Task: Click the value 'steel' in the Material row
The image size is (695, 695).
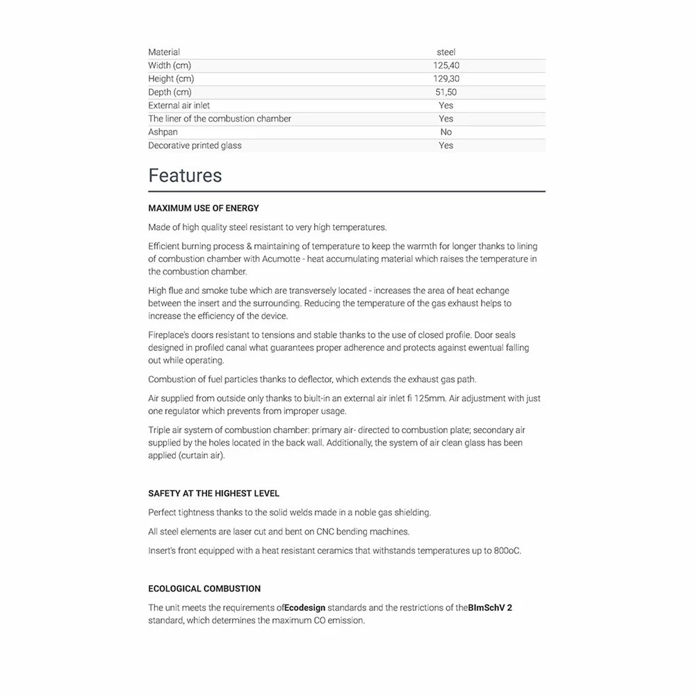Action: click(x=446, y=52)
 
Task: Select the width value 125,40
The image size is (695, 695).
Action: click(x=446, y=65)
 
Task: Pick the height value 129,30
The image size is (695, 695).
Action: click(x=446, y=79)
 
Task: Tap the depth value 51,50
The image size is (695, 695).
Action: click(x=446, y=92)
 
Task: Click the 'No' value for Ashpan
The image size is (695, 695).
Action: click(x=446, y=132)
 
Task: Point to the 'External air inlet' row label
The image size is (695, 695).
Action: click(x=179, y=106)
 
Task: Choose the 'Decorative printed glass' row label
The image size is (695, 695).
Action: click(x=195, y=145)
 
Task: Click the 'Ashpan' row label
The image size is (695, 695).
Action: click(x=163, y=132)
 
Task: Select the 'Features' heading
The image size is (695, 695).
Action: click(x=185, y=176)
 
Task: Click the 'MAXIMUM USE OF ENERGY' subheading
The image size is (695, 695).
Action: click(x=204, y=208)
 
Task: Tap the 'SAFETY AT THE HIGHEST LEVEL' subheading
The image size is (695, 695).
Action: click(x=214, y=493)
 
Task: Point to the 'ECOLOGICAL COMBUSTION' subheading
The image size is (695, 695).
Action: click(x=204, y=589)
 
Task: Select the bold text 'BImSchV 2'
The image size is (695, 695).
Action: click(x=490, y=607)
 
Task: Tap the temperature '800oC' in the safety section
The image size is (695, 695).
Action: click(x=506, y=551)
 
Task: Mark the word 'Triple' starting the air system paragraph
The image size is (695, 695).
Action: click(x=160, y=430)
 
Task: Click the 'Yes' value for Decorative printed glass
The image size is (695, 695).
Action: click(x=446, y=145)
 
